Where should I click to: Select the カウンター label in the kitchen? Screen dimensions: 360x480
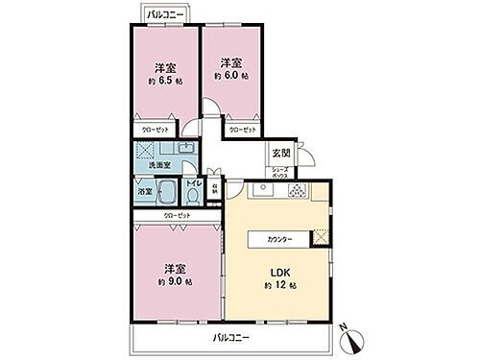(280, 239)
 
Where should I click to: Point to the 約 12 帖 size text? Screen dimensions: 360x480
(279, 286)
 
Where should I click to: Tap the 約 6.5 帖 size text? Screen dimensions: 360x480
(165, 83)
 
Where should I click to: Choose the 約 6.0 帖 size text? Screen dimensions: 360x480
(230, 75)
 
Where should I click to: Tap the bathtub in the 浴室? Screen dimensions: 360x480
(164, 190)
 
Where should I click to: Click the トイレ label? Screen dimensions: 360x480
(193, 181)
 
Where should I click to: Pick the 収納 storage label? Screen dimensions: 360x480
(213, 188)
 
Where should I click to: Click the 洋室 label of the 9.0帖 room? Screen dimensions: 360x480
(174, 268)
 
